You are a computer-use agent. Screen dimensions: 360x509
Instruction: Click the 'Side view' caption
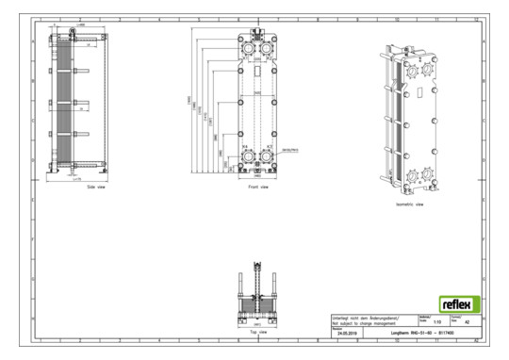[74, 188]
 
